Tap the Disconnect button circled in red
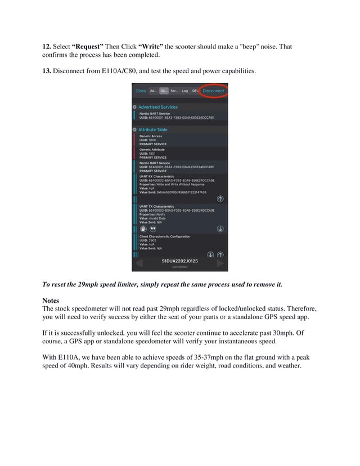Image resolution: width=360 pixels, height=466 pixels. (213, 91)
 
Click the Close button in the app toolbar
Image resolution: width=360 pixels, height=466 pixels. (141, 91)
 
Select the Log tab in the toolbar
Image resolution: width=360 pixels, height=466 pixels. (185, 91)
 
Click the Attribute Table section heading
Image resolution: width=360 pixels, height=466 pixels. (152, 129)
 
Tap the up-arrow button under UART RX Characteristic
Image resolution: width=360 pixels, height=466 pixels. (220, 199)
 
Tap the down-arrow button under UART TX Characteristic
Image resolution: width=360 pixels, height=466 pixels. (220, 229)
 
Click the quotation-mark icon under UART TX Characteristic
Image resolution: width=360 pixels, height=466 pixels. (152, 229)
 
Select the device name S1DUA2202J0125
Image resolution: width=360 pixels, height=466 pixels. (180, 261)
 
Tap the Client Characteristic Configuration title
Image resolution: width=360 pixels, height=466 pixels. (165, 236)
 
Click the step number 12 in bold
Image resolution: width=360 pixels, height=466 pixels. (47, 46)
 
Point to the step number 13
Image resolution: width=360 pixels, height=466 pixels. (47, 70)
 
